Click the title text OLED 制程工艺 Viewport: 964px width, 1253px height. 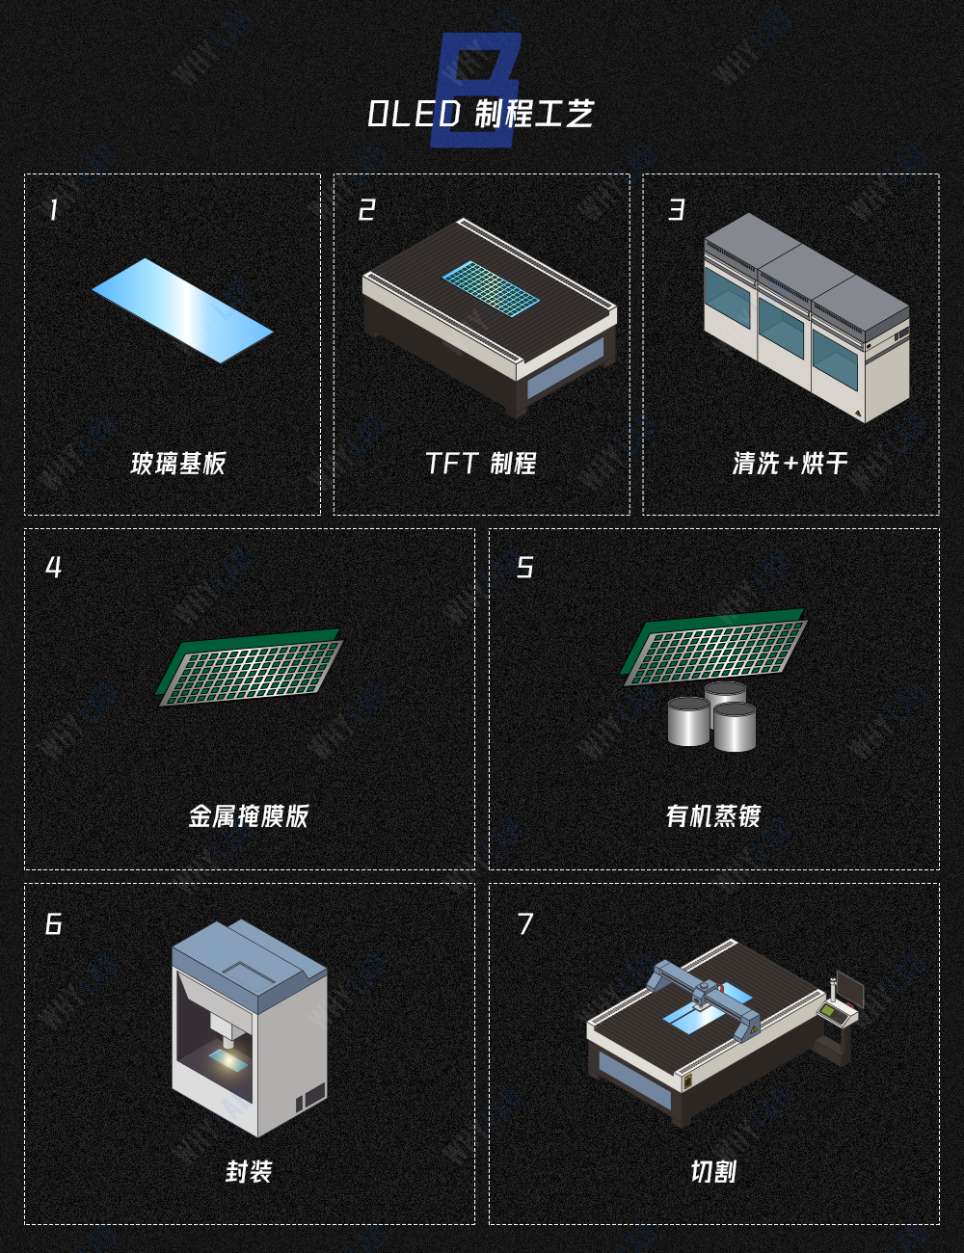point(481,113)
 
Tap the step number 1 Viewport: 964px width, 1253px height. point(54,210)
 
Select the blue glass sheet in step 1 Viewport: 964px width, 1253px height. point(182,310)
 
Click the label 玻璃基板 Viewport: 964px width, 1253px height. point(177,464)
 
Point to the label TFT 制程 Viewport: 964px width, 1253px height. point(481,463)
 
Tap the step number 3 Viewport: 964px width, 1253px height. point(677,210)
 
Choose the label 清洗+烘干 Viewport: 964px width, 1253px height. point(790,463)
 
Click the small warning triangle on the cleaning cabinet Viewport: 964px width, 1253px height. point(858,413)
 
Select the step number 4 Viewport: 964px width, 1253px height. point(54,567)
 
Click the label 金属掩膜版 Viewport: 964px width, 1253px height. point(249,816)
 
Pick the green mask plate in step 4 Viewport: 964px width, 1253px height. point(249,667)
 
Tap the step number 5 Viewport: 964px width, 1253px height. point(524,567)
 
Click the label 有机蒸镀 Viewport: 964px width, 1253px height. point(713,816)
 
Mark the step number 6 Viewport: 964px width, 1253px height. point(54,924)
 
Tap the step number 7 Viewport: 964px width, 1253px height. point(525,924)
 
